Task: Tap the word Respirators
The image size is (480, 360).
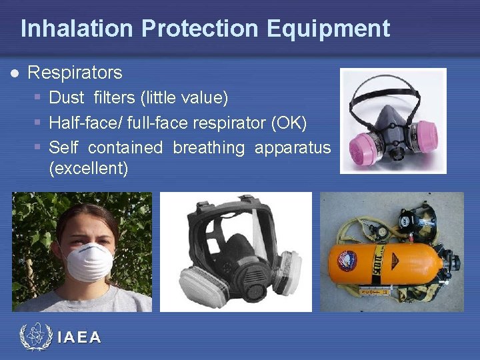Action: tap(75, 72)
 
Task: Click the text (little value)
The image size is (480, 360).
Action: tap(184, 98)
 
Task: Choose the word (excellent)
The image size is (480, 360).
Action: tap(89, 168)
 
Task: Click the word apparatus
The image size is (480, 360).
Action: tap(293, 147)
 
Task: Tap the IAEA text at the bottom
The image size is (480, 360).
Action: tap(79, 337)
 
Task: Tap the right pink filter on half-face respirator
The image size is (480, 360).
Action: tap(429, 133)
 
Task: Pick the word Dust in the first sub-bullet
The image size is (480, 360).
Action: tap(67, 98)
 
